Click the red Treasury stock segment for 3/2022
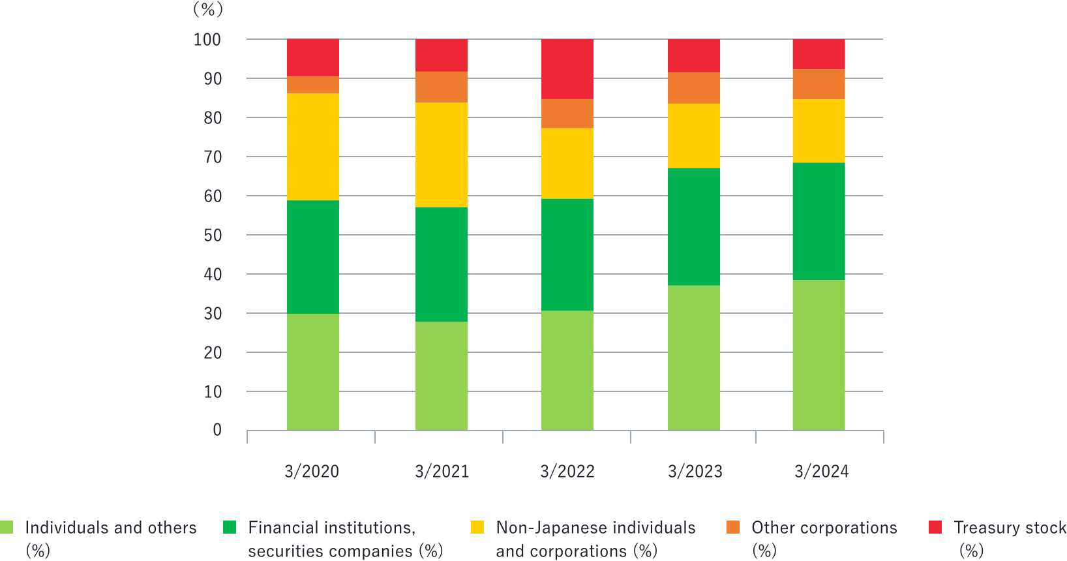point(567,68)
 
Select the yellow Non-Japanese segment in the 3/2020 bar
point(312,147)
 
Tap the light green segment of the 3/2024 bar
point(819,355)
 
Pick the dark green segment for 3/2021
point(442,264)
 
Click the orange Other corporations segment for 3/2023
point(694,88)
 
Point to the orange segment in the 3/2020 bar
point(312,85)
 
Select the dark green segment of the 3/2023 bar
point(694,226)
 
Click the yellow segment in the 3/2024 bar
point(819,130)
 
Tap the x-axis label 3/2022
point(567,472)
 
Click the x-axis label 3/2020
point(312,472)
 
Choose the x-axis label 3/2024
point(822,472)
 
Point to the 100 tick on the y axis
point(207,40)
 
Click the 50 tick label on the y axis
point(213,235)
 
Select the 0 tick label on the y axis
point(217,430)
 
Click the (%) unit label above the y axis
point(208,10)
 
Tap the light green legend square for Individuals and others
point(7,527)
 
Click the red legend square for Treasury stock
point(935,527)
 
